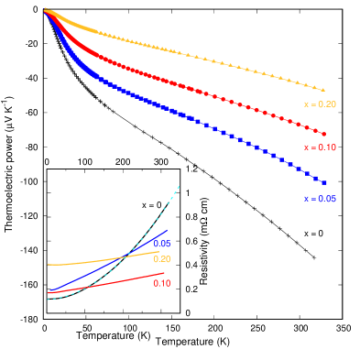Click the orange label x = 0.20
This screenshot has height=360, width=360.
point(320,104)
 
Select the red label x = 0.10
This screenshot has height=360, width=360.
point(320,147)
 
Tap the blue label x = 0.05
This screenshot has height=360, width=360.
point(320,199)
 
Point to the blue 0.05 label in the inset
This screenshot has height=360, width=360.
point(161,244)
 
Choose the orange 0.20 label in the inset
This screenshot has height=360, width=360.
point(161,259)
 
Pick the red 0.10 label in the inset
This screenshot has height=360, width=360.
point(161,284)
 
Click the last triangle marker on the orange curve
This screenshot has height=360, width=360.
point(323,89)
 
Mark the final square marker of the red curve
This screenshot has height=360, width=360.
point(323,135)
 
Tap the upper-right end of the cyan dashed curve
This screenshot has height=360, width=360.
point(180,186)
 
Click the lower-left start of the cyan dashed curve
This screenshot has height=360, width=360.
point(48,299)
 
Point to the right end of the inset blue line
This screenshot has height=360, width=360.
point(168,230)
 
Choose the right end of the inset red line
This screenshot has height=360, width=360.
point(165,273)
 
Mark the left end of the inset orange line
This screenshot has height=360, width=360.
point(48,265)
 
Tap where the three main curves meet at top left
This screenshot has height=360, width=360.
point(44,9)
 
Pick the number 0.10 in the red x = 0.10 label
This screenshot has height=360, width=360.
point(327,147)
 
